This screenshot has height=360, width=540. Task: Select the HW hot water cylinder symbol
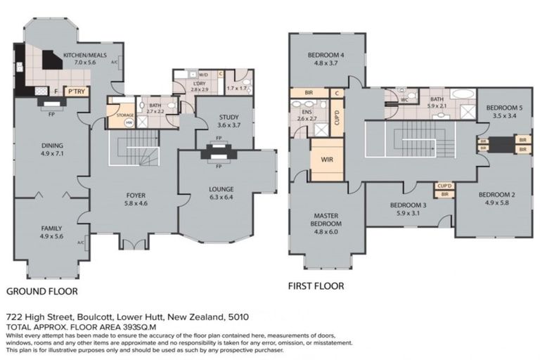(129, 122)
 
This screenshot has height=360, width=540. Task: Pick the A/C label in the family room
(80, 243)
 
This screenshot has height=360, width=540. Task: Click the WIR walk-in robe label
(326, 159)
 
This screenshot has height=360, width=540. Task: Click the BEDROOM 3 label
(408, 205)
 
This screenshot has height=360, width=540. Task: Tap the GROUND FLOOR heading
(41, 290)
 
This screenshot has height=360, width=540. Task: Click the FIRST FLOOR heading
(316, 286)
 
